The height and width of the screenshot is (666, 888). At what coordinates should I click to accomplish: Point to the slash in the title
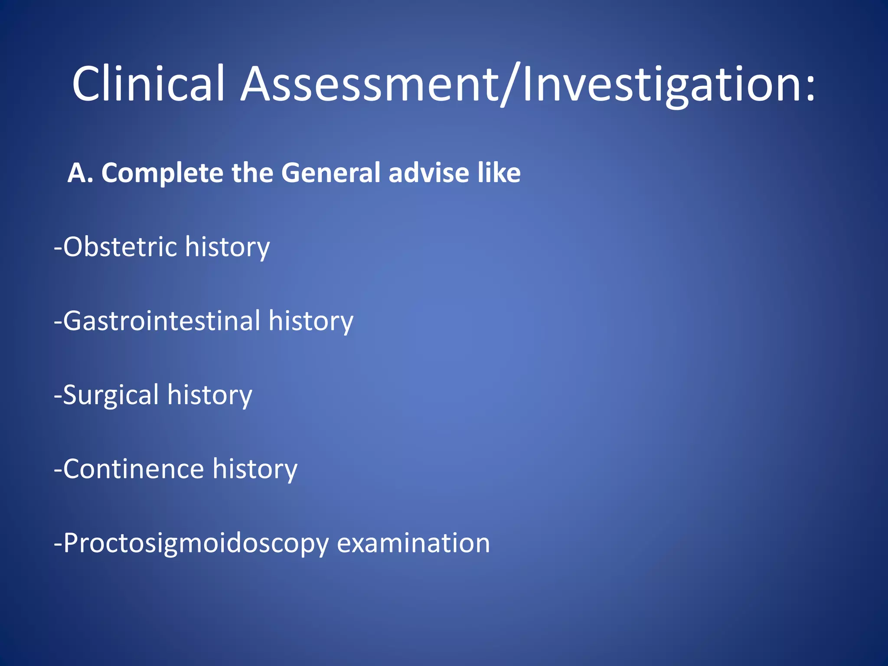tap(510, 85)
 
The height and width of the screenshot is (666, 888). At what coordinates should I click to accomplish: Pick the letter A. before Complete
tap(81, 173)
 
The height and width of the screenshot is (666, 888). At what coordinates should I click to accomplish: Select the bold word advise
tap(429, 173)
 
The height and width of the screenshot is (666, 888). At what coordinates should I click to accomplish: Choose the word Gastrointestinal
tap(162, 321)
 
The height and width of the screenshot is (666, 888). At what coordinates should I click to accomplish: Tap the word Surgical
tap(111, 395)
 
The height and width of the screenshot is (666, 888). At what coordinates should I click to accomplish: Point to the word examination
tap(413, 543)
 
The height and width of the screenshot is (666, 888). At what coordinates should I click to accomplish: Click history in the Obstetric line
tap(227, 247)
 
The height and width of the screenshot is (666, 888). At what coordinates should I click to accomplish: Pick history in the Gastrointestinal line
tap(310, 321)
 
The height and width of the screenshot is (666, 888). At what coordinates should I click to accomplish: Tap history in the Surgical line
tap(209, 395)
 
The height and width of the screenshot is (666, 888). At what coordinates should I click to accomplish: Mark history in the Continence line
tap(255, 469)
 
